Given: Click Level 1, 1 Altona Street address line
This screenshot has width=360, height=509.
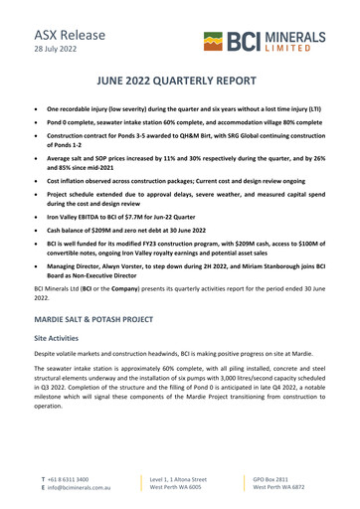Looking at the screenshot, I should pos(178,479).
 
